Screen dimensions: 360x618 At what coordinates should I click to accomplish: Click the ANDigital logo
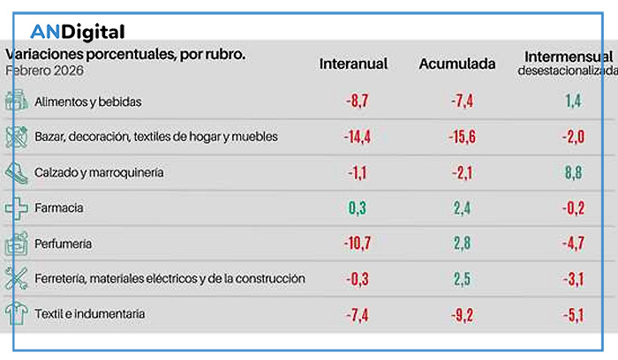[x=78, y=33]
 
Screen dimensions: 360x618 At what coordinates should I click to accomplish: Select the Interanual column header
[x=353, y=64]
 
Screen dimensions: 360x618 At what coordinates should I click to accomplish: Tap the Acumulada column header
[x=456, y=64]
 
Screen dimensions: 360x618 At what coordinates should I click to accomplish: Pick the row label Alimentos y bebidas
[x=88, y=101]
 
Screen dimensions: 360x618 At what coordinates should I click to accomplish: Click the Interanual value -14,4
[x=357, y=137]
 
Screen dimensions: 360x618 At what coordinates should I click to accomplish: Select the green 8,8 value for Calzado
[x=573, y=173]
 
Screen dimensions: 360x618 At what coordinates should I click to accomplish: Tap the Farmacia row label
[x=59, y=208]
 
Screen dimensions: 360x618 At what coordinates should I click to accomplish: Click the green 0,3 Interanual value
[x=357, y=208]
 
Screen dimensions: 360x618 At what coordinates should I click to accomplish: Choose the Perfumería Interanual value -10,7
[x=357, y=244]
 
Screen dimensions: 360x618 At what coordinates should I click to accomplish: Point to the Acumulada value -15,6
[x=462, y=137]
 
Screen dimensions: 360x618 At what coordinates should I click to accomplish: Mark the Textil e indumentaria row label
[x=90, y=313]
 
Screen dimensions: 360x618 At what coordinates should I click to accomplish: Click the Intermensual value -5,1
[x=573, y=313]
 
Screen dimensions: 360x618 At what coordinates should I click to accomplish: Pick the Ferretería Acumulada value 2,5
[x=463, y=279]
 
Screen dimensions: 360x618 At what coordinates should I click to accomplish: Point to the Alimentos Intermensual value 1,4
[x=573, y=101]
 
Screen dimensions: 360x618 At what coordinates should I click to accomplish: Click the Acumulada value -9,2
[x=462, y=313]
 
